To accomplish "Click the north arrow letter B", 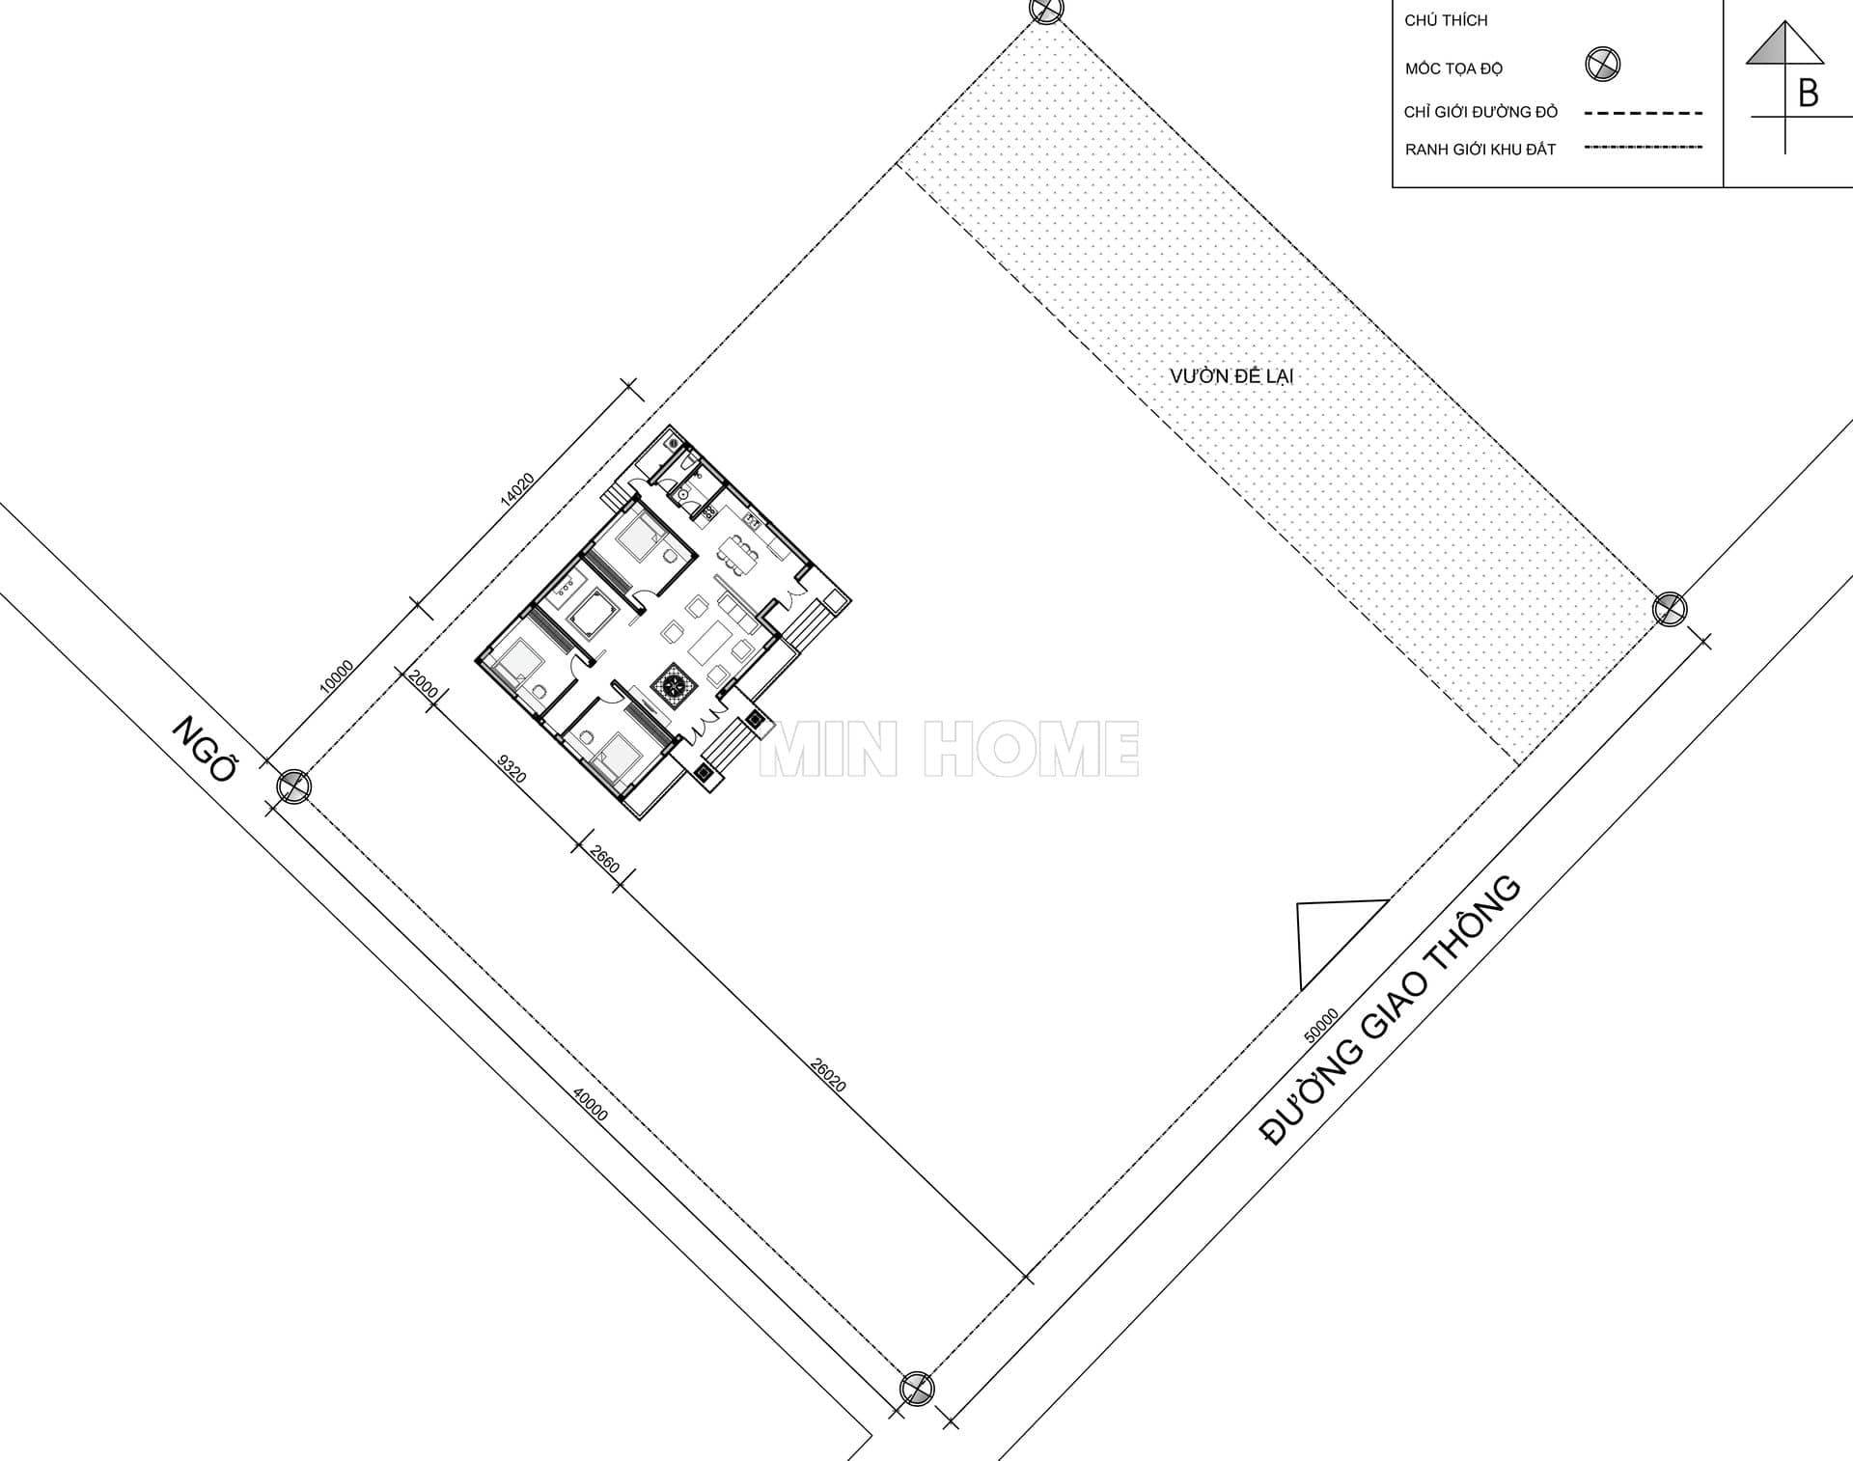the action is click(1808, 94).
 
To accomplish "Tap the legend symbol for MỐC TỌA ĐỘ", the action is click(1603, 65).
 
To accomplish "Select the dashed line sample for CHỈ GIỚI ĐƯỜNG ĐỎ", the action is click(1644, 113).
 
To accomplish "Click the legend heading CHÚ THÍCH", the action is click(1446, 20).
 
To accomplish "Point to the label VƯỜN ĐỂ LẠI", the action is click(1231, 375).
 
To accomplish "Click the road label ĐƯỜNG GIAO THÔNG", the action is click(1391, 1010).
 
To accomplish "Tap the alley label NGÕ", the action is click(206, 748).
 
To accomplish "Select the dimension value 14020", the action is click(517, 489).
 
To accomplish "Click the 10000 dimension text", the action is click(336, 675).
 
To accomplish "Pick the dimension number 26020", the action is click(828, 1075).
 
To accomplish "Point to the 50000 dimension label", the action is click(1321, 1026).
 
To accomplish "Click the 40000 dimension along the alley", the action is click(591, 1105).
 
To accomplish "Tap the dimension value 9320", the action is click(512, 768).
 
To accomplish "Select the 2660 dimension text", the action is click(604, 859).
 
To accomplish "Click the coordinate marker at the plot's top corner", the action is click(1046, 10).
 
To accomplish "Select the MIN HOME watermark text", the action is click(950, 749).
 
